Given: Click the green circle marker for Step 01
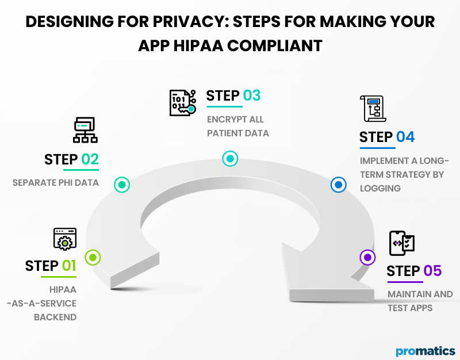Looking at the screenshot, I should pos(93,257).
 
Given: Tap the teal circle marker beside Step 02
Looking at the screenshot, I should pos(122,185).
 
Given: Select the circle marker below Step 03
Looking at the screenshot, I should pos(230,159).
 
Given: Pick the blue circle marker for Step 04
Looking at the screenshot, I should pos(338,185).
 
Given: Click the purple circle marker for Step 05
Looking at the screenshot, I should pos(367,257).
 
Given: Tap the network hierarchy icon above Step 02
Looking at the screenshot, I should pos(85,130).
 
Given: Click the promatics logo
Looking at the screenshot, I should pos(425,351).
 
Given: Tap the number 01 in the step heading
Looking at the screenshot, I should pos(68,266).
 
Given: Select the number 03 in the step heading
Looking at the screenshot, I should pos(251,95).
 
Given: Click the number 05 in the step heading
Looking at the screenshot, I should pos(432,271).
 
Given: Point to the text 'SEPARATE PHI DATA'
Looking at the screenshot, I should pos(55,183).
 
